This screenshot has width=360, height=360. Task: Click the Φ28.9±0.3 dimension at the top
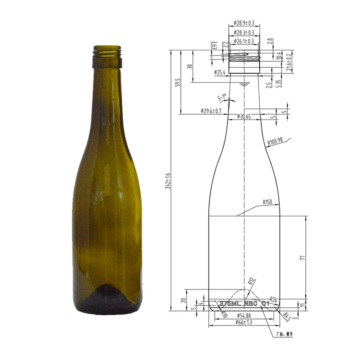click(244, 23)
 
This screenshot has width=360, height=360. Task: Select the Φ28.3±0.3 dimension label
click(244, 33)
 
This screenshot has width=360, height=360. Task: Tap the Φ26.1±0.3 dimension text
click(244, 42)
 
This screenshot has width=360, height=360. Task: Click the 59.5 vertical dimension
click(177, 82)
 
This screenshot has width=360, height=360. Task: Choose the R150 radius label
click(267, 202)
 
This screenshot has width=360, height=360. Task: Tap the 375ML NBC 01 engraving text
click(244, 304)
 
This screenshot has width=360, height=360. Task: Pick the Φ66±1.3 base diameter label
click(244, 323)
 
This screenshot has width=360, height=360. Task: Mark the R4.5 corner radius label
click(287, 316)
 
